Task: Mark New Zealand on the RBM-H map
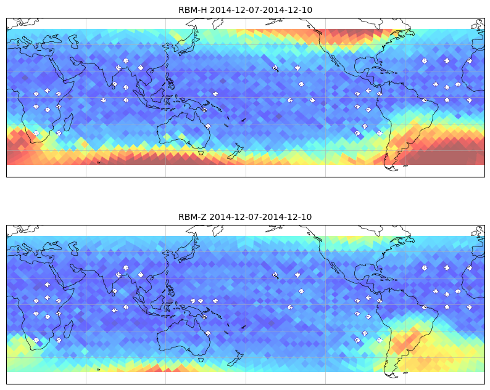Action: coord(235,152)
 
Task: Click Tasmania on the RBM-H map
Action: coord(201,153)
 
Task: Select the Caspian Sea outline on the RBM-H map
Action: coord(74,41)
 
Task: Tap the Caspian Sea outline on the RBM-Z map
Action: coord(74,248)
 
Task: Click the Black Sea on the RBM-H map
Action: coord(52,39)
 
